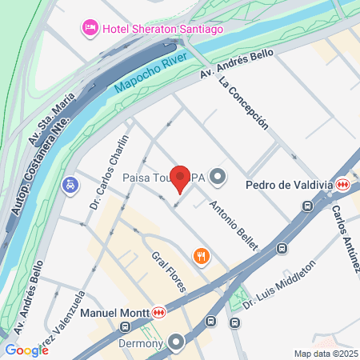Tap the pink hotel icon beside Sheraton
pyautogui.click(x=90, y=29)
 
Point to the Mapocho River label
pyautogui.click(x=150, y=73)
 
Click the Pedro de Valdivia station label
pyautogui.click(x=288, y=185)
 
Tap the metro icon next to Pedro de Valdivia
pyautogui.click(x=343, y=185)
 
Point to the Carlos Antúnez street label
pyautogui.click(x=344, y=240)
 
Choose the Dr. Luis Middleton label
pyautogui.click(x=279, y=284)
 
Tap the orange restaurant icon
pyautogui.click(x=202, y=257)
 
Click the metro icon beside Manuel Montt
pyautogui.click(x=160, y=312)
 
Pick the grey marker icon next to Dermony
pyautogui.click(x=176, y=342)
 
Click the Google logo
pyautogui.click(x=26, y=350)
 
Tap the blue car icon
pyautogui.click(x=71, y=185)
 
